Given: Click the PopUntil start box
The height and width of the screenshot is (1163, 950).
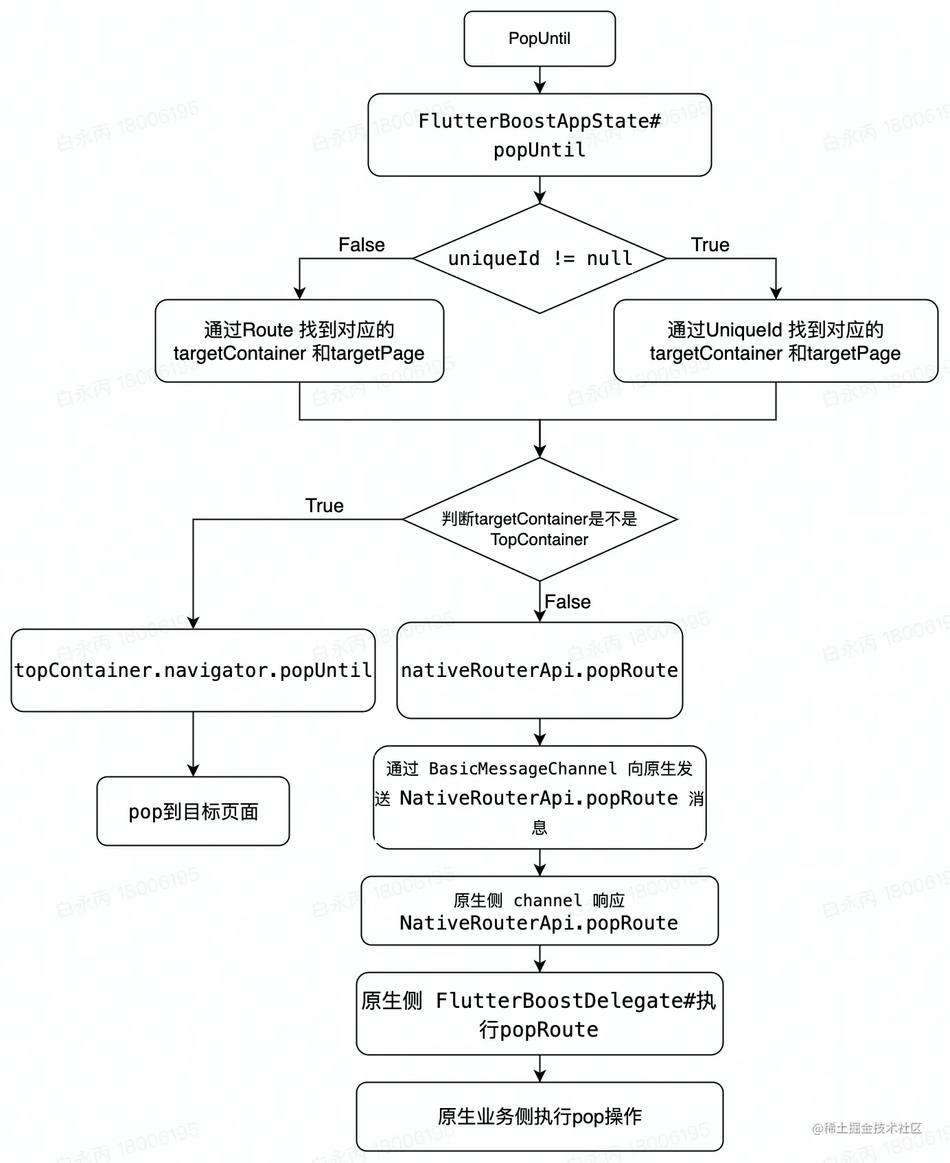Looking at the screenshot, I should [540, 38].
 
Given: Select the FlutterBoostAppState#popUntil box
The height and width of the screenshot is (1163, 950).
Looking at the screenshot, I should [540, 135].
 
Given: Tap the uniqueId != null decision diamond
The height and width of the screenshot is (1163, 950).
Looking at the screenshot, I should [540, 259].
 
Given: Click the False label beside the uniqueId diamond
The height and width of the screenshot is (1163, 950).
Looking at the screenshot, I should [362, 245].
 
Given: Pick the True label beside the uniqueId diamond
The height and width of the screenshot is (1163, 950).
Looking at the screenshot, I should [710, 245].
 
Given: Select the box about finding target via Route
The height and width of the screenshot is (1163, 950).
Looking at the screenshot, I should [299, 341].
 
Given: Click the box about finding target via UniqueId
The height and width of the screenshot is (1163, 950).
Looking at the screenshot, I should [775, 341].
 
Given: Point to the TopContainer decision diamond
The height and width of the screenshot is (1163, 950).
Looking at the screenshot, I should [540, 520].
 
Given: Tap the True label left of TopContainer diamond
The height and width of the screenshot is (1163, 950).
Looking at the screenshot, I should [324, 506].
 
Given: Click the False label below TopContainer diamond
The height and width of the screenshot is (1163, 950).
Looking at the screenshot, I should [567, 602].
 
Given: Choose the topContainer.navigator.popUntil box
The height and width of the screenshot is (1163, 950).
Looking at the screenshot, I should [193, 670].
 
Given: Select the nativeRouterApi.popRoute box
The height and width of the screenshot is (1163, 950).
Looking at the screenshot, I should [540, 670].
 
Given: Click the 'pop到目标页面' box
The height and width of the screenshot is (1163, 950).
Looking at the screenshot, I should [193, 811].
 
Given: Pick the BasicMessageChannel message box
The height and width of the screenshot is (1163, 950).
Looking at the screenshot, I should [540, 797].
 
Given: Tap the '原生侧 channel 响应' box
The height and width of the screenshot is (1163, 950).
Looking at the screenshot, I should [540, 910].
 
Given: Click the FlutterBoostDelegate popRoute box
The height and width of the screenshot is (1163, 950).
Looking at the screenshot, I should [540, 1013].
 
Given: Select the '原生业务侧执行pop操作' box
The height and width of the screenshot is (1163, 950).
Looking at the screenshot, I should [540, 1116].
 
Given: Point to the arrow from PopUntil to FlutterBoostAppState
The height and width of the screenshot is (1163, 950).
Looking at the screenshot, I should [540, 80].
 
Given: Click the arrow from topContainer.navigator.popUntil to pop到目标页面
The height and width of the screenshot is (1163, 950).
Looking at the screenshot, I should [193, 744].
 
